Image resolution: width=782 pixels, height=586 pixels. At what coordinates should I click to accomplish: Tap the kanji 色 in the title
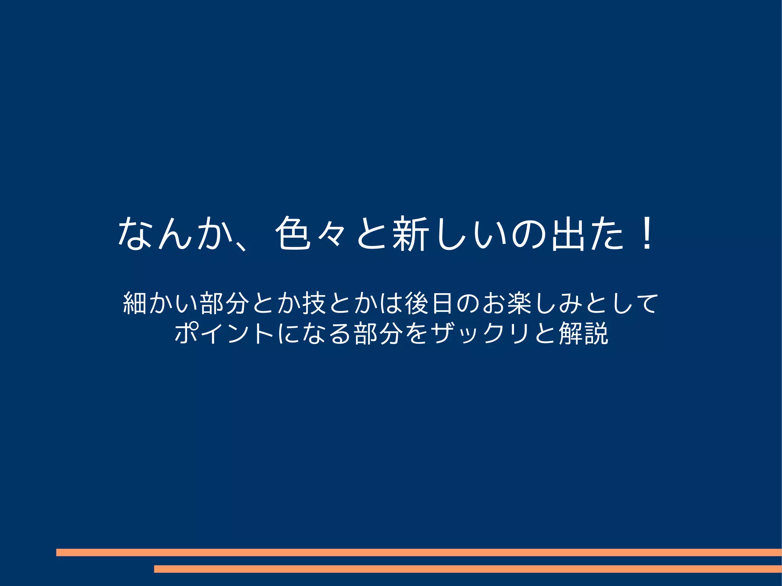293,234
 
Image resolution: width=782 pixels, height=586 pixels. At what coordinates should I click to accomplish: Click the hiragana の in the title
528,234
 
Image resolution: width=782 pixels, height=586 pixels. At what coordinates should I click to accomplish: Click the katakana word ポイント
224,333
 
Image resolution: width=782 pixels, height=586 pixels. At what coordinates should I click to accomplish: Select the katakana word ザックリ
481,333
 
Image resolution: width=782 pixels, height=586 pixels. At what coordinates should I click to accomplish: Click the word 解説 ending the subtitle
583,333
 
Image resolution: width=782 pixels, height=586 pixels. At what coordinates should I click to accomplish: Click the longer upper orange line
419,552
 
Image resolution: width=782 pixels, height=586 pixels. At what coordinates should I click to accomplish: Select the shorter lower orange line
468,569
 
